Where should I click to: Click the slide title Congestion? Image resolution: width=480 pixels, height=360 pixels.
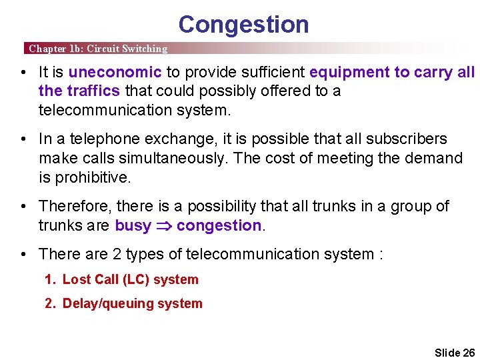pos(243,25)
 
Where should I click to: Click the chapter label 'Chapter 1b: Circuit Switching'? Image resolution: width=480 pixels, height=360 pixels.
pos(98,49)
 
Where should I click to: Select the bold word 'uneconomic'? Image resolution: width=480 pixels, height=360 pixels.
pos(115,72)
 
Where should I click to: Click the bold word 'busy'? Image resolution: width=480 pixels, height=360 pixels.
pos(133,225)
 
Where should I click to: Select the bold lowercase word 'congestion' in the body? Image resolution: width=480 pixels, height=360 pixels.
pos(219,225)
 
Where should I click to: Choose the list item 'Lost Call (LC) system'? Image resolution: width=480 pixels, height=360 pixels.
pos(130,280)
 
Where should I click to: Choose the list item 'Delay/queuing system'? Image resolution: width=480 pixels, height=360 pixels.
pos(132,303)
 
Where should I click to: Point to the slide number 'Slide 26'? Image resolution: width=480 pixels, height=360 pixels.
pos(454,352)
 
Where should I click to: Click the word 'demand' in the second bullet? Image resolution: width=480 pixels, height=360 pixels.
pos(437,158)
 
